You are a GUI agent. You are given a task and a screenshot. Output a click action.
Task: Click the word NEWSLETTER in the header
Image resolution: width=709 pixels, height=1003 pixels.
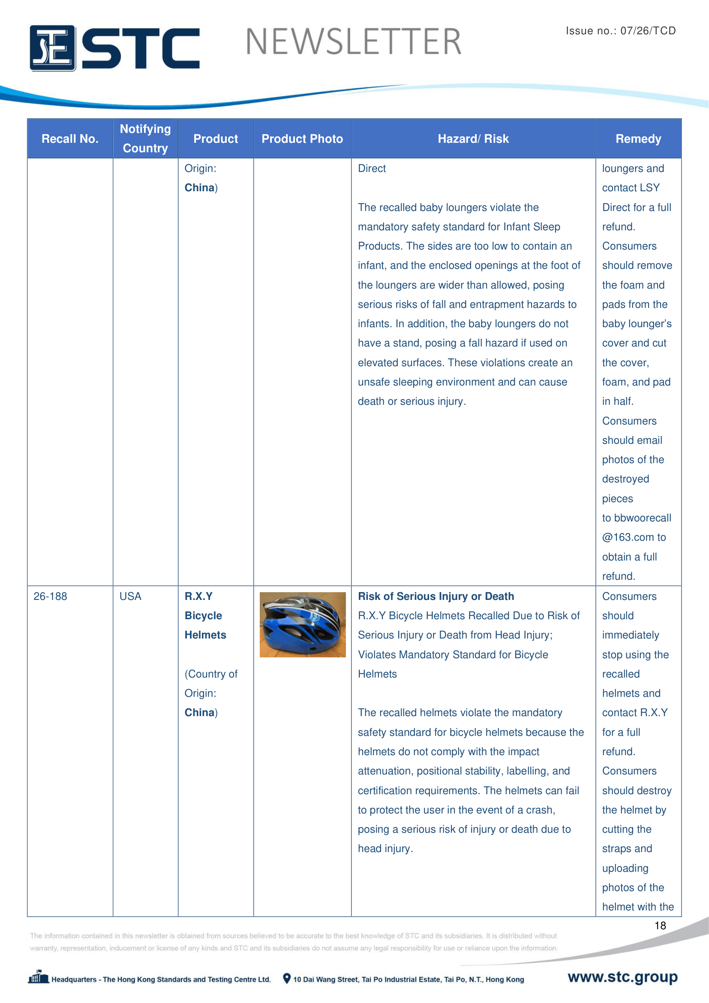pyautogui.click(x=353, y=42)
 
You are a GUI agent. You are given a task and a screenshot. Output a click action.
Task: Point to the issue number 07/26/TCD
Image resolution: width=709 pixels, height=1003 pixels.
pyautogui.click(x=648, y=30)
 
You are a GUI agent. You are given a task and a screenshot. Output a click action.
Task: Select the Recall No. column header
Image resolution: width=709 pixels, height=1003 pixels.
pyautogui.click(x=70, y=139)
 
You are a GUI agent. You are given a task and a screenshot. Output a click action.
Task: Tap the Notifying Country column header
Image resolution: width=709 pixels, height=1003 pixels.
pyautogui.click(x=145, y=139)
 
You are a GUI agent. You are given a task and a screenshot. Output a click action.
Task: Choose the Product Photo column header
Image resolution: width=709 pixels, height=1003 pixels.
pyautogui.click(x=302, y=139)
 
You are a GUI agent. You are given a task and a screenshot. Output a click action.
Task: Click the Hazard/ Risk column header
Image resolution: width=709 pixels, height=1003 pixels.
pyautogui.click(x=473, y=139)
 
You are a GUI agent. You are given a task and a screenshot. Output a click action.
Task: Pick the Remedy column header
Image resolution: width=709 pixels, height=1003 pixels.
pyautogui.click(x=638, y=139)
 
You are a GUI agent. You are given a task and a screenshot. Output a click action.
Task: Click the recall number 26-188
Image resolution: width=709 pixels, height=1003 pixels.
pyautogui.click(x=50, y=596)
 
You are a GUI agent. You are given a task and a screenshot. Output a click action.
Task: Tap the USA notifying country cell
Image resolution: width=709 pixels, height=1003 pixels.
pyautogui.click(x=130, y=596)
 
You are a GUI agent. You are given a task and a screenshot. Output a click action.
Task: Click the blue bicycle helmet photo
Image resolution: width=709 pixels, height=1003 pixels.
pyautogui.click(x=303, y=625)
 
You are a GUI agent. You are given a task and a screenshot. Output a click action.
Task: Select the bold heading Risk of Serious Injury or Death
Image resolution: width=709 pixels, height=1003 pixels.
pyautogui.click(x=436, y=596)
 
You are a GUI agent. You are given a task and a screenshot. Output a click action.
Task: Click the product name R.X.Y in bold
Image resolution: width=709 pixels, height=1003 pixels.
pyautogui.click(x=198, y=596)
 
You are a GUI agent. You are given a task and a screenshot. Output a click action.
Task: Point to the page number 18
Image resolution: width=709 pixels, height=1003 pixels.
pyautogui.click(x=660, y=925)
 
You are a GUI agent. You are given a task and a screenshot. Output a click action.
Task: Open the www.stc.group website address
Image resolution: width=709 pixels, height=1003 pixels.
pyautogui.click(x=622, y=977)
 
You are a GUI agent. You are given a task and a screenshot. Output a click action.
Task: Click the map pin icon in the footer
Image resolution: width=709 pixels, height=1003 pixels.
pyautogui.click(x=287, y=979)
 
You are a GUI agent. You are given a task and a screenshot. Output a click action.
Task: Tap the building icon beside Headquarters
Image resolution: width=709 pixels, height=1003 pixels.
pyautogui.click(x=39, y=977)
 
